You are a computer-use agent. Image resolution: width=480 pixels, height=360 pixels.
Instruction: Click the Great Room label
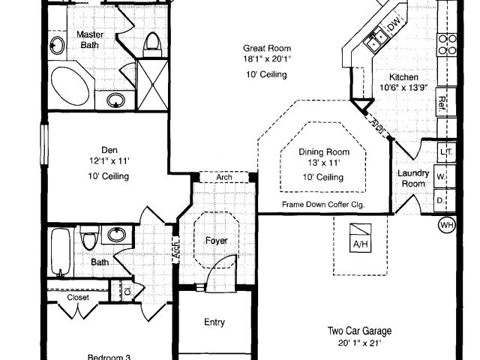pos(266,48)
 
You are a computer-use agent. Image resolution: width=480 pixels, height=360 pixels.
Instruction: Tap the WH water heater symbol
pos(447,224)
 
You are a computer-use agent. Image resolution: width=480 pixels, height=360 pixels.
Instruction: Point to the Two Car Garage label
pos(359,331)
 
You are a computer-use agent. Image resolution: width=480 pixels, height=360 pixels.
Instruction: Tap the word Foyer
pos(216,241)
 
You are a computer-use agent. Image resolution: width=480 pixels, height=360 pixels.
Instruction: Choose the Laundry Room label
pos(413,178)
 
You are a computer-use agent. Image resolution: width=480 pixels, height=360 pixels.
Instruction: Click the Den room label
pos(109,148)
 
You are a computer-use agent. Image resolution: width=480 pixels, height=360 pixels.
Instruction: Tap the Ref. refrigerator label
pos(442,106)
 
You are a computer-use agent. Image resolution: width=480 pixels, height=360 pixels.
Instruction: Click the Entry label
pos(214,322)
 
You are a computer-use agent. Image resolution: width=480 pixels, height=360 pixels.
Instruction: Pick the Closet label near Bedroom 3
pos(78,298)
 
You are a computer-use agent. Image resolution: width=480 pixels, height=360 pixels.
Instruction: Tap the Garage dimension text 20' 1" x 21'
pos(359,342)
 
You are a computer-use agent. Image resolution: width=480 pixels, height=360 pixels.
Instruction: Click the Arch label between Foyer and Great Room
pos(223,178)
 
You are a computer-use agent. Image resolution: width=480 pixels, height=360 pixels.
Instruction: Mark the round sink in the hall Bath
pos(117,235)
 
